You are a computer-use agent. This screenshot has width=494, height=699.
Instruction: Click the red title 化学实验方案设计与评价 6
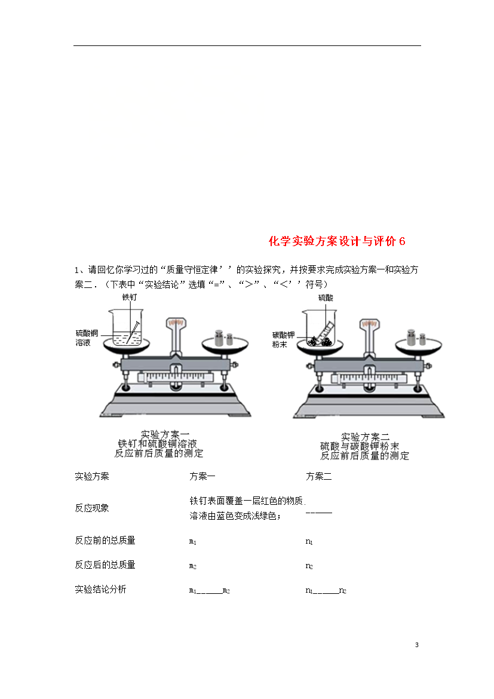[x=337, y=241]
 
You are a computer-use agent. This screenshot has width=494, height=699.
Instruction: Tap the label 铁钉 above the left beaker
[x=130, y=297]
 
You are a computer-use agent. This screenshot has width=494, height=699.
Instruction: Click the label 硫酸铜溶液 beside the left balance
[x=87, y=338]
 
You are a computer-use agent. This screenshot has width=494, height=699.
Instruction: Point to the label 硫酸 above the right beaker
[x=326, y=298]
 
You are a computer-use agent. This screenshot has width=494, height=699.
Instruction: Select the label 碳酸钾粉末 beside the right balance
[x=284, y=340]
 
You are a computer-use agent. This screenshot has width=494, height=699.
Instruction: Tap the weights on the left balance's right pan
[x=224, y=338]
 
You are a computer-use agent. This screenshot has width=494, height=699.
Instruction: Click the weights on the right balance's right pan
[x=416, y=338]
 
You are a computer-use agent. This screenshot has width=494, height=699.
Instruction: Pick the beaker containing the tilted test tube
[x=320, y=329]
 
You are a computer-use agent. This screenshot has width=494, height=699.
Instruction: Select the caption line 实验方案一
[x=165, y=434]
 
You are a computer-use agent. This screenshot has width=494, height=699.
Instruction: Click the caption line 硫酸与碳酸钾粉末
[x=360, y=446]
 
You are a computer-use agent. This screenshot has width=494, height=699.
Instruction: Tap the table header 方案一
[x=202, y=477]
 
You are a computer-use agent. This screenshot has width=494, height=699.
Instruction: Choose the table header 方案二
[x=318, y=477]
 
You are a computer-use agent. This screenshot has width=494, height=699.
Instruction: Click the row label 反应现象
[x=92, y=508]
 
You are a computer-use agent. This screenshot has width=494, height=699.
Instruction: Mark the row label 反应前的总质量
[x=105, y=540]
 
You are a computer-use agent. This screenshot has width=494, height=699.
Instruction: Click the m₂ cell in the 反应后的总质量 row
[x=192, y=566]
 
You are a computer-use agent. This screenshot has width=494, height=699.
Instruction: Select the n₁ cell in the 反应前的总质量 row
[x=309, y=542]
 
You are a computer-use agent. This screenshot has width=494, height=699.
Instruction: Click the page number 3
[x=417, y=645]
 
